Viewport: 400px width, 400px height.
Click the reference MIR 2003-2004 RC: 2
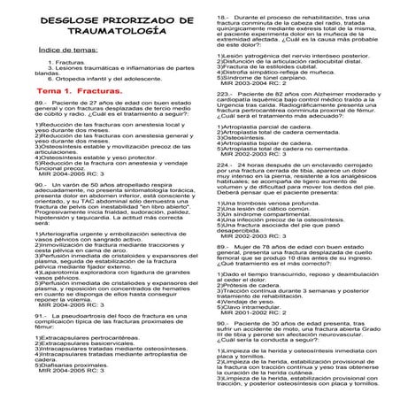[257, 84]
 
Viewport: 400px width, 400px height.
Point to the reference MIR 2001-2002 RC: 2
[257, 288]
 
